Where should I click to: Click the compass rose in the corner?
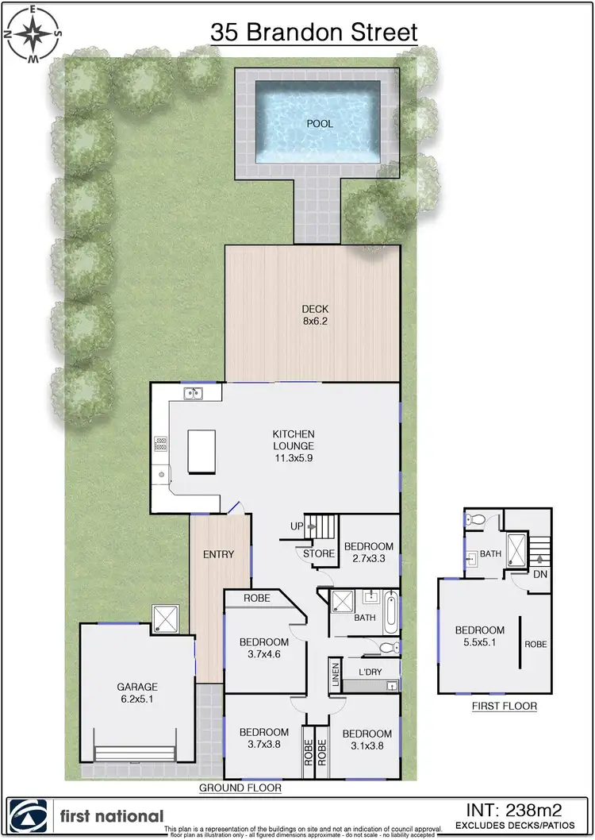33,34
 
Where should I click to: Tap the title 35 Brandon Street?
313,33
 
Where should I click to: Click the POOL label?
320,125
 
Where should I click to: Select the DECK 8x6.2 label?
314,315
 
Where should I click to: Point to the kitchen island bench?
202,451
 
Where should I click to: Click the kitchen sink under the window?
191,393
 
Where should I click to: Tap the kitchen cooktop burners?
160,445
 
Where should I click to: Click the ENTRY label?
218,554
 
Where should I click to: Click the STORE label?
319,553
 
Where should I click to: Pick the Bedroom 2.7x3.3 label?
368,553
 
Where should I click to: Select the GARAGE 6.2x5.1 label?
137,692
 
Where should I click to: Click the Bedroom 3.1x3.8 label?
367,740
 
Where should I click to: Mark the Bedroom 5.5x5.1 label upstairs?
479,636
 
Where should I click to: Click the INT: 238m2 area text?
513,811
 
